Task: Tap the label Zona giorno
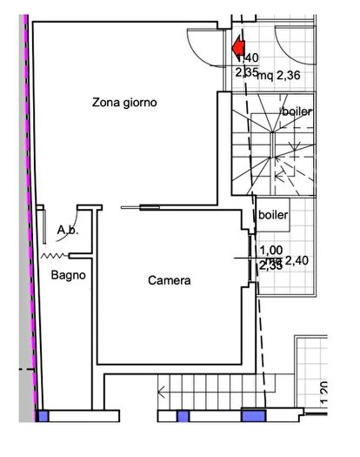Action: pos(124,103)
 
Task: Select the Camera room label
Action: pos(169,280)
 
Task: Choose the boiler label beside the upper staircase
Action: pos(297,112)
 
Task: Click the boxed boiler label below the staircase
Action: pos(273,214)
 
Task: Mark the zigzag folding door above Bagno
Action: pos(57,255)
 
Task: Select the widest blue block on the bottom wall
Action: pos(253,414)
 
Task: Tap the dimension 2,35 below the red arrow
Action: pos(246,72)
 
